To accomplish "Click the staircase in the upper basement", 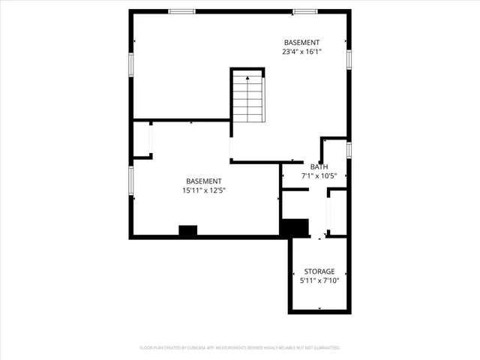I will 247,97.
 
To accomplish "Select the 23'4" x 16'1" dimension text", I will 301,52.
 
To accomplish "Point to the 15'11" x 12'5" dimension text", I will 204,190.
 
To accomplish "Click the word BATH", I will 319,166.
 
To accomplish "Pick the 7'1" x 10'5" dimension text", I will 319,176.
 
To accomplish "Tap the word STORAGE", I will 319,271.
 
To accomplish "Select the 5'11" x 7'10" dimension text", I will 319,280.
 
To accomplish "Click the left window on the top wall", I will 181,11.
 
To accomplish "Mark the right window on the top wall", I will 304,11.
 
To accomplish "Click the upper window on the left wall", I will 131,64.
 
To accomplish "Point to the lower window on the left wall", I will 131,180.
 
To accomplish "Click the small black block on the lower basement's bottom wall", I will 187,231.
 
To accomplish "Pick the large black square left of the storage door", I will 295,227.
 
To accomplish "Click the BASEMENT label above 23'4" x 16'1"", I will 301,42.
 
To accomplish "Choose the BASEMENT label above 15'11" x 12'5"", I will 204,181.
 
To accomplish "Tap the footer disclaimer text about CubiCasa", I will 240,348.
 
